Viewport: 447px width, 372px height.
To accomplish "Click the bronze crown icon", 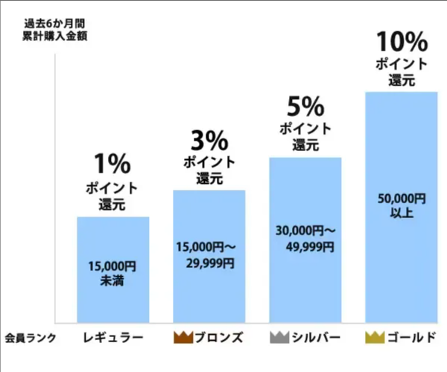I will point(183,337).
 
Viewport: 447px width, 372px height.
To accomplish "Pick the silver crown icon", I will point(279,337).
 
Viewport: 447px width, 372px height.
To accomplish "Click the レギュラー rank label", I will point(113,337).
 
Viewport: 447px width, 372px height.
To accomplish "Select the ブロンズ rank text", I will point(218,337).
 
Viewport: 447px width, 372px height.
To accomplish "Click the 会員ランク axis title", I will point(28,337).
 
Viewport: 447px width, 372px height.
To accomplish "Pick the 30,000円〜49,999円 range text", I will point(304,238).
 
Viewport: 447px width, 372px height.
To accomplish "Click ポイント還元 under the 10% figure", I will point(401,72).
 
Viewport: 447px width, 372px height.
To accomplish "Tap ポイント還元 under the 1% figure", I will point(113,194).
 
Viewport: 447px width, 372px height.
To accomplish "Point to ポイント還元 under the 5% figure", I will point(305,137).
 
